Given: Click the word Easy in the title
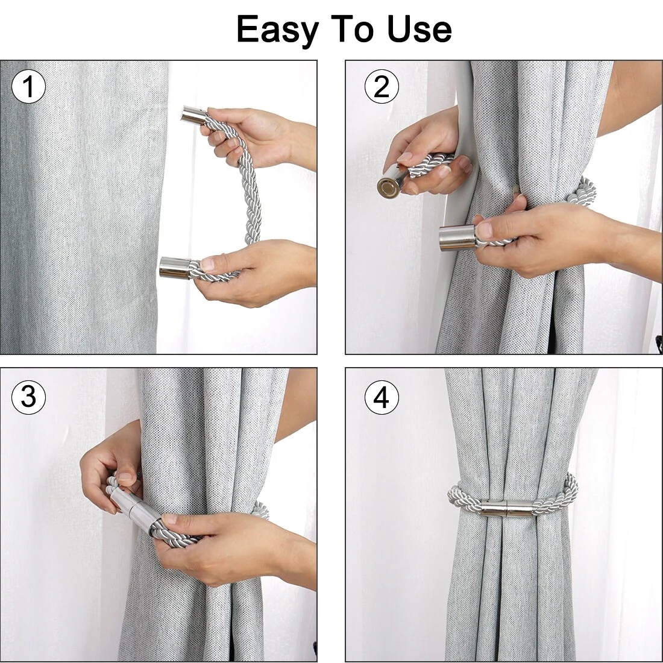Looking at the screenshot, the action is click(x=277, y=30).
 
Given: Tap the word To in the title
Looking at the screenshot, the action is click(x=352, y=29).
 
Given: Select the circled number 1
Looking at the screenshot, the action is click(x=28, y=87).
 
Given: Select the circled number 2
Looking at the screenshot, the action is click(x=382, y=87).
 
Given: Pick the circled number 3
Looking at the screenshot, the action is click(x=28, y=397).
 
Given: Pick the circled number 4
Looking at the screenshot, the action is click(x=382, y=397).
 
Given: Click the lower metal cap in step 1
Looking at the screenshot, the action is click(x=175, y=268).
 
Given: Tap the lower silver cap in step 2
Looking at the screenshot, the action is click(x=458, y=237).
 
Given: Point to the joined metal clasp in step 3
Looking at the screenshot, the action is click(x=135, y=512).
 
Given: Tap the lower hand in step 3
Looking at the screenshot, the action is click(x=237, y=550).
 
